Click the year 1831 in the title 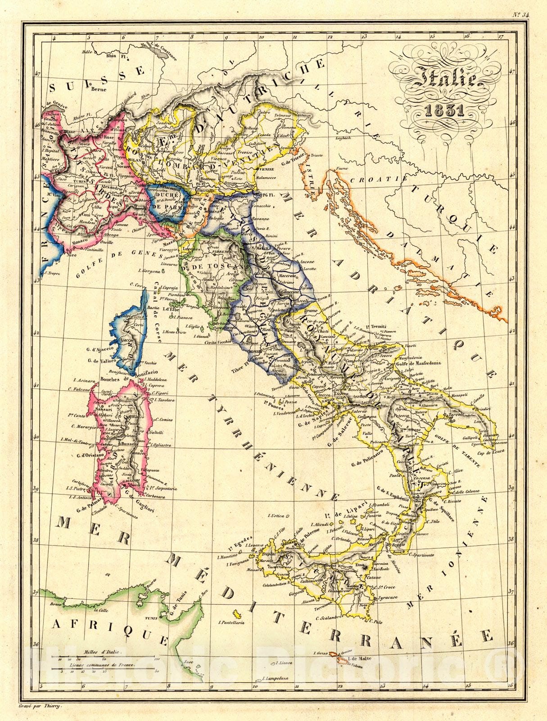(444, 111)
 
